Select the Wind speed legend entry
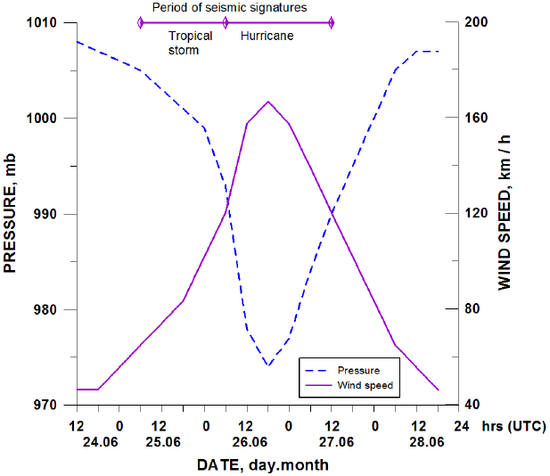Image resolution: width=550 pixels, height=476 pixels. pyautogui.click(x=365, y=385)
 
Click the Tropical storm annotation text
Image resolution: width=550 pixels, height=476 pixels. pyautogui.click(x=190, y=43)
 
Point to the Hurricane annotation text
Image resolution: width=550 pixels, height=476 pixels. pyautogui.click(x=267, y=37)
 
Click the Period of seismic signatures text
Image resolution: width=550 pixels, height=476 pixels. pyautogui.click(x=229, y=7)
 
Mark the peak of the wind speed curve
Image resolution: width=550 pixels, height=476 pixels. pyautogui.click(x=268, y=102)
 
